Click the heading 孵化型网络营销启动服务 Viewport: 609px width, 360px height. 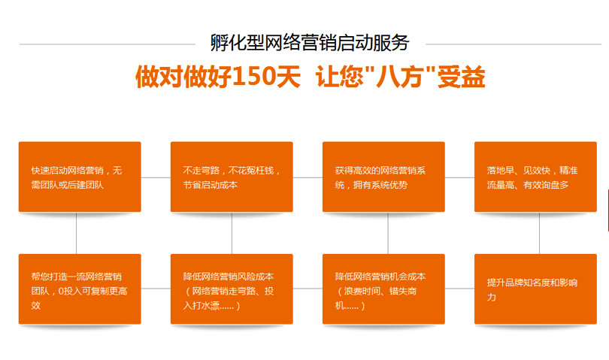coord(310,42)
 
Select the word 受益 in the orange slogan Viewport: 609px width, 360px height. coord(461,76)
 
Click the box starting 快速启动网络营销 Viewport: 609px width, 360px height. coord(80,177)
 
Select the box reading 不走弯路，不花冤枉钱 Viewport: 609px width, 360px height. coord(232,177)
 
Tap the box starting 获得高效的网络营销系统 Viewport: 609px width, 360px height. coord(383,177)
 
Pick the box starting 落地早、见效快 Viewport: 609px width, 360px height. coord(535,177)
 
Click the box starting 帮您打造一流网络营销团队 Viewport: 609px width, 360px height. coord(80,289)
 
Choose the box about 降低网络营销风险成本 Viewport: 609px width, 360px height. coord(232,289)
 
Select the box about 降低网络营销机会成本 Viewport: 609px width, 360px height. coord(383,289)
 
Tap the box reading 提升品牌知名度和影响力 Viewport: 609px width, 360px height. coord(535,289)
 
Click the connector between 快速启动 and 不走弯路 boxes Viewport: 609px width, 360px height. coord(156,177)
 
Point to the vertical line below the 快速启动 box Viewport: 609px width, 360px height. coord(76,233)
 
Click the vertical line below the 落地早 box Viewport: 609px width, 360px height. coord(539,233)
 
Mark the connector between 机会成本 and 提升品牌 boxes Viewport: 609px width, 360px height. coord(459,289)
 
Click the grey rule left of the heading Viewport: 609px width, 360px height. coord(108,44)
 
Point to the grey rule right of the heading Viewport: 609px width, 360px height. coord(514,44)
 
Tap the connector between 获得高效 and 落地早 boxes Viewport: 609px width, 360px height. coord(459,177)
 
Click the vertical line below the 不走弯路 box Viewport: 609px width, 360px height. coord(232,233)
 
